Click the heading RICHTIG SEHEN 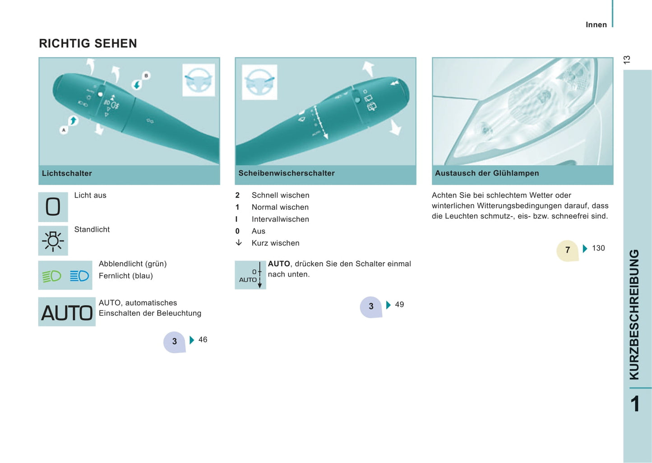[x=88, y=43]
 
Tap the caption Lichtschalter [x=67, y=173]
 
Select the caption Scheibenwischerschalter [x=287, y=173]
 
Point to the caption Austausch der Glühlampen [x=487, y=173]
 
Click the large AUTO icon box [x=67, y=311]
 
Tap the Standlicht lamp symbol [x=53, y=241]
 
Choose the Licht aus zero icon [x=53, y=207]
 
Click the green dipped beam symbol [x=51, y=276]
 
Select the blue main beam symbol [x=79, y=275]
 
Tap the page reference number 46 [x=203, y=339]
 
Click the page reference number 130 [x=598, y=248]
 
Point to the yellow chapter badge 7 [x=567, y=250]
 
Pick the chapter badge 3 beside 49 [x=371, y=307]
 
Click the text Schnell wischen [x=280, y=195]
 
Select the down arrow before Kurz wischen [x=239, y=243]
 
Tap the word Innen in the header [x=596, y=25]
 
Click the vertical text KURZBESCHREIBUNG [x=634, y=315]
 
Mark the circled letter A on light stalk [x=64, y=130]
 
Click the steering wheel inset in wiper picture [x=259, y=82]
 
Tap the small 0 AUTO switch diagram [x=250, y=275]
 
